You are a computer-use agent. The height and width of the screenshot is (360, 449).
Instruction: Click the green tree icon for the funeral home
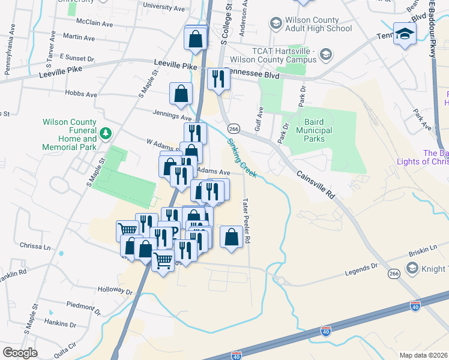(106, 133)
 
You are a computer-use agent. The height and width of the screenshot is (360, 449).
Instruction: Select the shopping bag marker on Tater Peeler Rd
(232, 238)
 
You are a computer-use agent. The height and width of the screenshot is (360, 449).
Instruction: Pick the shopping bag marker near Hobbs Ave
(181, 94)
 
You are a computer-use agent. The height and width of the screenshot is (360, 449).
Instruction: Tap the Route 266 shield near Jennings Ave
(234, 128)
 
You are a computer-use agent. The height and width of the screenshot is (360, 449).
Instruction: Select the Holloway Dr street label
(114, 291)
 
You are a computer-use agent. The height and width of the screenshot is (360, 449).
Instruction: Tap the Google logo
(20, 353)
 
